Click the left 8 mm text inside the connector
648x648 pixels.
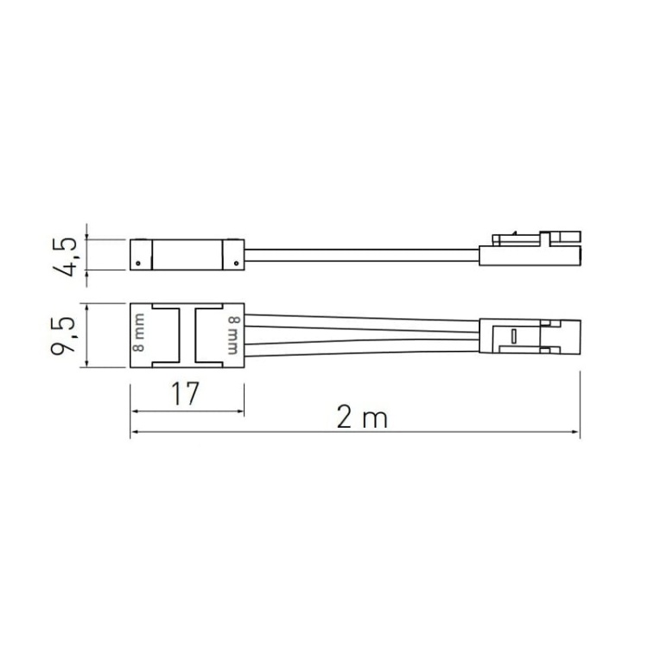[x=139, y=335]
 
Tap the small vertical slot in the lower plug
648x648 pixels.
[x=511, y=335]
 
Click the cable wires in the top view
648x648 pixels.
[x=363, y=335]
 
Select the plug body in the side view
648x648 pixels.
[x=527, y=252]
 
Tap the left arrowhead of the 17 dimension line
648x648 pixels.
[x=133, y=411]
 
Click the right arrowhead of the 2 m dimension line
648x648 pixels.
[x=577, y=434]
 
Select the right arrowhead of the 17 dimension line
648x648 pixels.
[x=240, y=411]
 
